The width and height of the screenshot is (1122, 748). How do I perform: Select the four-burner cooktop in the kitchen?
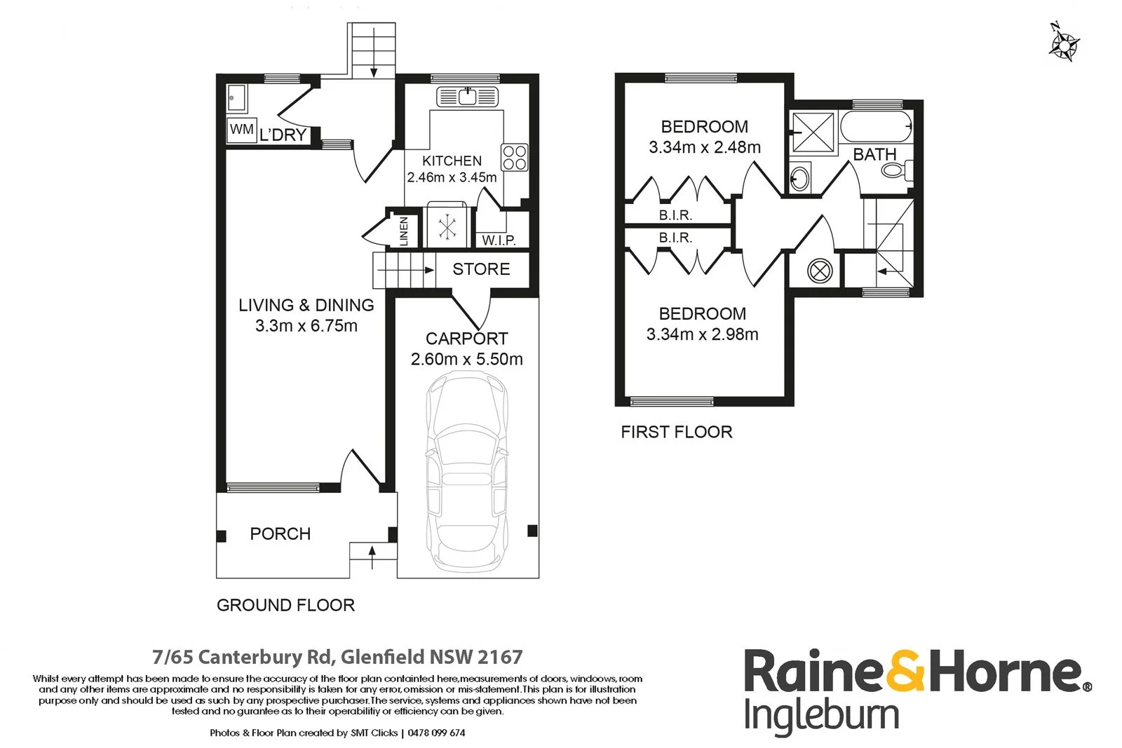click(515, 157)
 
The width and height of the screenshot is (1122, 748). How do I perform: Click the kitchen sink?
click(467, 97)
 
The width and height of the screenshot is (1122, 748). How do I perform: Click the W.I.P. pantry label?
click(499, 240)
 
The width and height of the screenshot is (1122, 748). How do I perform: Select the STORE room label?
click(481, 269)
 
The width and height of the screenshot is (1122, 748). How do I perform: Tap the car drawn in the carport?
click(467, 470)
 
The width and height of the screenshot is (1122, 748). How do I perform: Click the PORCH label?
click(280, 533)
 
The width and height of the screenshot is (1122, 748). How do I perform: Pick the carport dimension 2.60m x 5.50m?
click(467, 359)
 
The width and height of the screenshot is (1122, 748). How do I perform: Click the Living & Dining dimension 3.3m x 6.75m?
click(306, 326)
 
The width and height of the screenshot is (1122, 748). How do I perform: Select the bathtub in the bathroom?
click(876, 127)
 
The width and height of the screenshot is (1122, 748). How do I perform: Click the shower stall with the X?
click(813, 132)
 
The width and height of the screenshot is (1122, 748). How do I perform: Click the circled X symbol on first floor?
click(820, 271)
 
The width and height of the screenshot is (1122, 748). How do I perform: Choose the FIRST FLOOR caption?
click(677, 432)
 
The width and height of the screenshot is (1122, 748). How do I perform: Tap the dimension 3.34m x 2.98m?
click(702, 334)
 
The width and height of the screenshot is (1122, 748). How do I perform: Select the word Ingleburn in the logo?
click(822, 715)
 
